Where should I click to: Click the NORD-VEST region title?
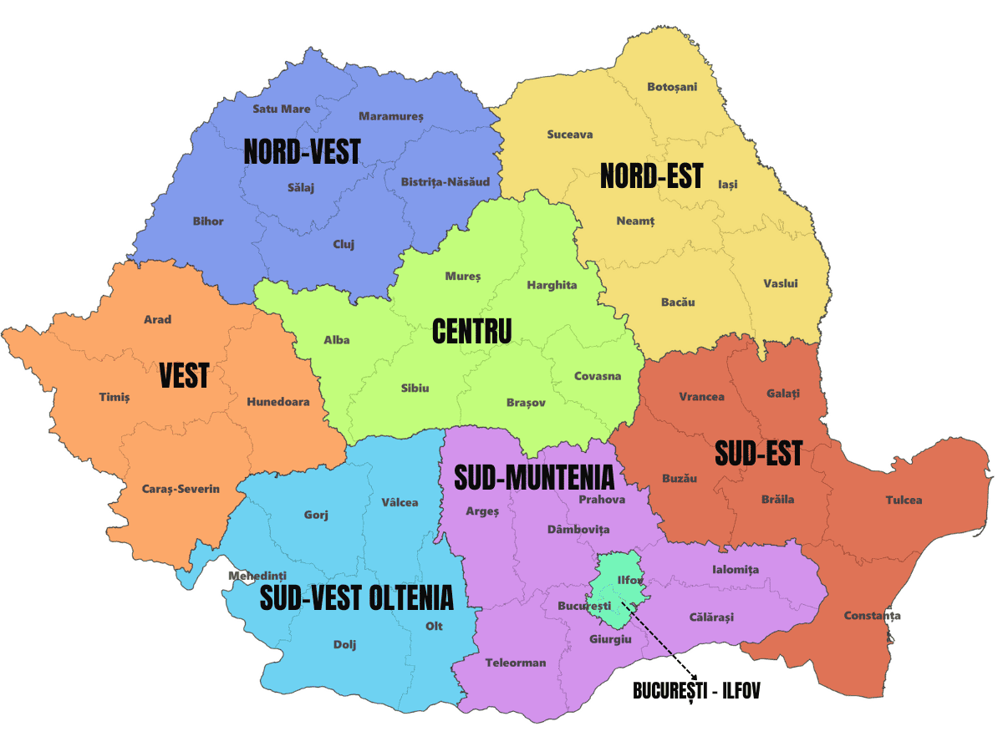[302, 151]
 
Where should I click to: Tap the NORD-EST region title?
[651, 176]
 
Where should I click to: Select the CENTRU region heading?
[471, 332]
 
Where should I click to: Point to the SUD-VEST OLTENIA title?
[357, 598]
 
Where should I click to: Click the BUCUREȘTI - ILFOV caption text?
[696, 691]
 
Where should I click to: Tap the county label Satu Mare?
[282, 109]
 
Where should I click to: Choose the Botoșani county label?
[672, 87]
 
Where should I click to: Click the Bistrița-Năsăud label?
[445, 181]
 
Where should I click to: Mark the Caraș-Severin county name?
[181, 488]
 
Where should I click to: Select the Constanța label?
[872, 616]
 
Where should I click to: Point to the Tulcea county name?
[904, 500]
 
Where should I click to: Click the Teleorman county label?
[516, 663]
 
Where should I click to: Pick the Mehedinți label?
[257, 576]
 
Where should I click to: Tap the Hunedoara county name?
[277, 402]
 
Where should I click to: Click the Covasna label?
[598, 376]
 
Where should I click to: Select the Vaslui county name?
[780, 283]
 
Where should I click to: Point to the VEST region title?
[184, 375]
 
